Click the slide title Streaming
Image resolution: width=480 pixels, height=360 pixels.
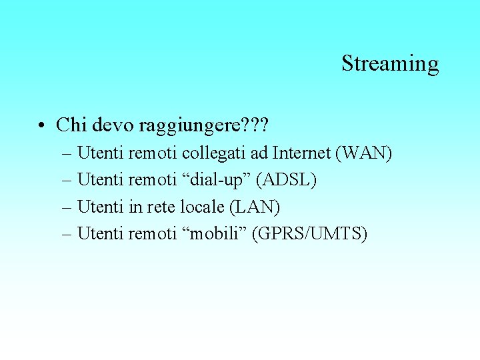point(390,63)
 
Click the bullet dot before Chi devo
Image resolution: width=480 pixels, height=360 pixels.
point(41,125)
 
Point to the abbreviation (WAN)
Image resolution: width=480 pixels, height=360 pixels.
point(363,153)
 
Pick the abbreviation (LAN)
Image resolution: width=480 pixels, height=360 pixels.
point(255,207)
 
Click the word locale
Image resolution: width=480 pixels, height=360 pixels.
point(203,207)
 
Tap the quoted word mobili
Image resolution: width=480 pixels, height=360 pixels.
point(214,233)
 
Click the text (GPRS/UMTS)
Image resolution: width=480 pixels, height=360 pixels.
point(309,233)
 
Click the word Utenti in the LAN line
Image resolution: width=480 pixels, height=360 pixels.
point(101,207)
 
